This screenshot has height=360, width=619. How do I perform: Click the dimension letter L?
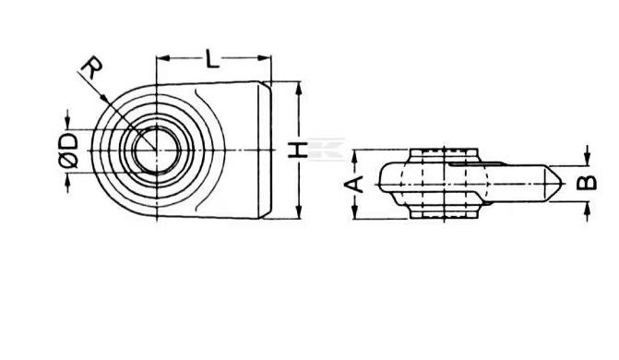pyautogui.click(x=212, y=58)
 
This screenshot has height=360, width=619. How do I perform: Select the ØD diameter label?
pyautogui.click(x=68, y=150)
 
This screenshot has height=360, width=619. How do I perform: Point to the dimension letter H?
pyautogui.click(x=298, y=150)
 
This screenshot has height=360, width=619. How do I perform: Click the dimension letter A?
pyautogui.click(x=354, y=185)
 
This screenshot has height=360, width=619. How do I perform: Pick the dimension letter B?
pyautogui.click(x=587, y=183)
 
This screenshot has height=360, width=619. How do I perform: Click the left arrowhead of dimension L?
pyautogui.click(x=163, y=58)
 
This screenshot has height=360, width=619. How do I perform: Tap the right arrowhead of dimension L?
pyautogui.click(x=265, y=58)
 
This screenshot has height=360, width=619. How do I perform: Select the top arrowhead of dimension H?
pyautogui.click(x=299, y=88)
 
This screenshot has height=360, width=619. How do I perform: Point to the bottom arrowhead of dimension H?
pyautogui.click(x=299, y=211)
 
